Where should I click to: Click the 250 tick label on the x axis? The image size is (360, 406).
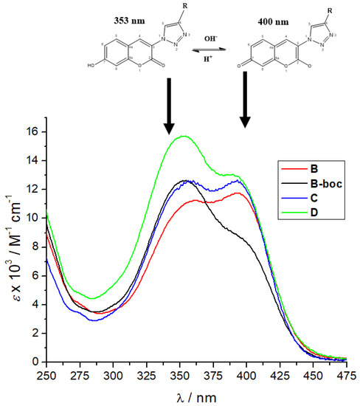coord(46,374)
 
